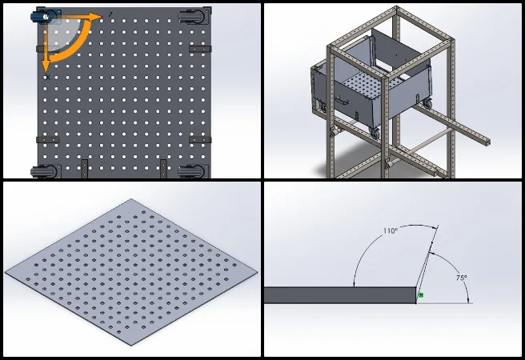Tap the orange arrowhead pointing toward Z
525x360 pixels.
pyautogui.click(x=95, y=16)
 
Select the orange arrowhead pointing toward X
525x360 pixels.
pyautogui.click(x=46, y=66)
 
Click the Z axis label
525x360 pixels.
pyautogui.click(x=110, y=14)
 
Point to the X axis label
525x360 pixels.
pyautogui.click(x=48, y=78)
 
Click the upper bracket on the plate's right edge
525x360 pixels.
pyautogui.click(x=200, y=49)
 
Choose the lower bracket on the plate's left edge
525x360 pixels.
pyautogui.click(x=47, y=139)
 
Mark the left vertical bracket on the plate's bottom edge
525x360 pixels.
pyautogui.click(x=84, y=168)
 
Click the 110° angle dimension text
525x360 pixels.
pyautogui.click(x=391, y=231)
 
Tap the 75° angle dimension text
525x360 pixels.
pyautogui.click(x=462, y=278)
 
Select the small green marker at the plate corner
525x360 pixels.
pyautogui.click(x=420, y=295)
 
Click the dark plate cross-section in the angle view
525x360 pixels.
pyautogui.click(x=340, y=295)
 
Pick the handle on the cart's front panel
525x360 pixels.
pyautogui.click(x=343, y=100)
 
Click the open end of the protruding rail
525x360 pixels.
pyautogui.click(x=487, y=142)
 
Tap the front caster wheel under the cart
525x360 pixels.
pyautogui.click(x=375, y=133)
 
